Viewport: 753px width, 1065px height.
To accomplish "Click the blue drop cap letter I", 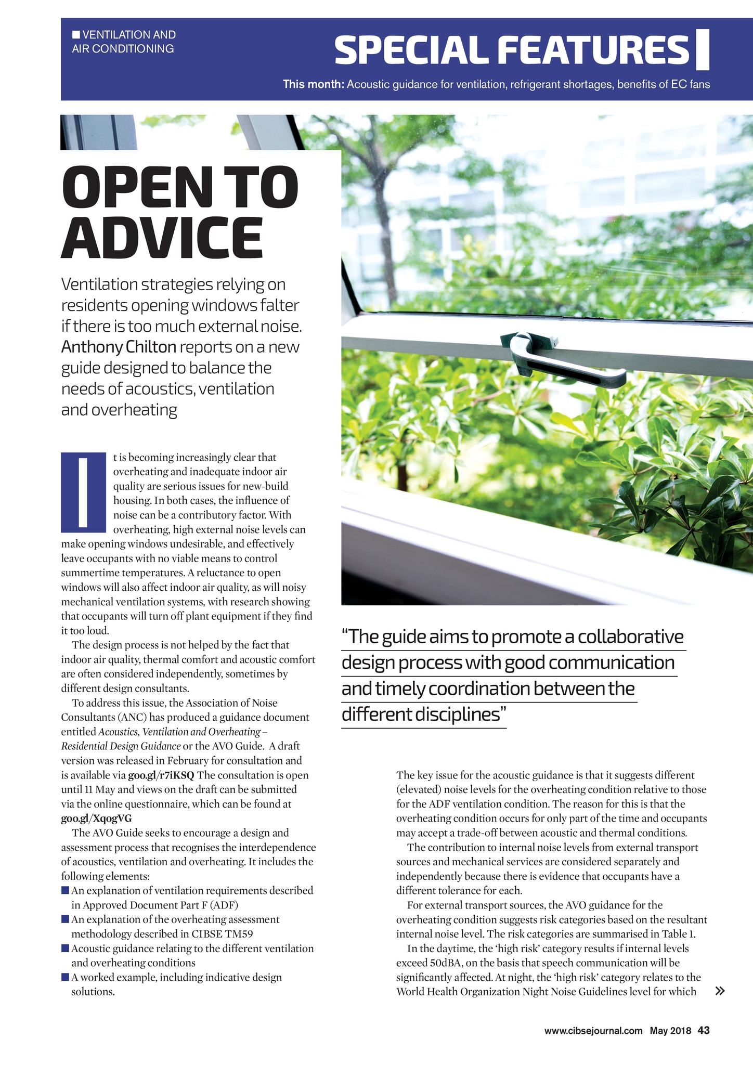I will pyautogui.click(x=83, y=492).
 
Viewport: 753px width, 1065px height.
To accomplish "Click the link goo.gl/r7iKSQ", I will pyautogui.click(x=161, y=775).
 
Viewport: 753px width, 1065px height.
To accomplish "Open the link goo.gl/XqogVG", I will pyautogui.click(x=96, y=819).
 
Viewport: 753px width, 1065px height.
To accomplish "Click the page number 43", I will pyautogui.click(x=704, y=1030).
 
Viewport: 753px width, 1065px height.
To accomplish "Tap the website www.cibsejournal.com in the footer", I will pyautogui.click(x=593, y=1031).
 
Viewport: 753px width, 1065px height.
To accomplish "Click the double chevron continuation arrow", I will pyautogui.click(x=720, y=991).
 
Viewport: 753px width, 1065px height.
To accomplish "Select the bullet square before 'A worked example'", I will pyautogui.click(x=65, y=977).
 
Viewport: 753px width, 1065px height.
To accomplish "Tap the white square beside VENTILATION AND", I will pyautogui.click(x=76, y=35).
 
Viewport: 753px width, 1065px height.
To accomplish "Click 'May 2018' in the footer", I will pyautogui.click(x=670, y=1031).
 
